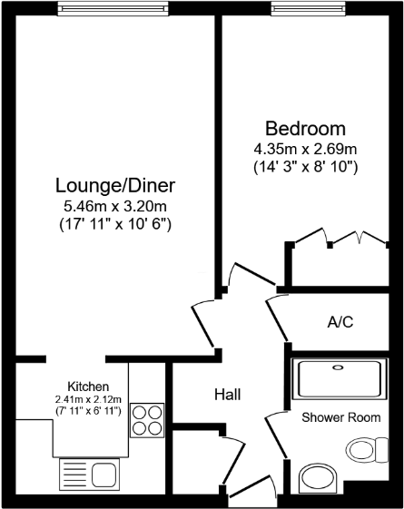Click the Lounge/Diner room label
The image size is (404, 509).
[x=115, y=185]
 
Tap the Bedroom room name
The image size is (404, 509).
[x=305, y=128]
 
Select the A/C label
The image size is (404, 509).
[x=340, y=320]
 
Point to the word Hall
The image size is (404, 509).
[x=227, y=395]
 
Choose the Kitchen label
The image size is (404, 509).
[x=89, y=386]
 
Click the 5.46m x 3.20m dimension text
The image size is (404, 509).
[x=114, y=206]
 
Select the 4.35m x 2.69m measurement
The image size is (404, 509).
[x=305, y=149]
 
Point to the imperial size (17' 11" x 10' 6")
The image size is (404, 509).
[x=114, y=223]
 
